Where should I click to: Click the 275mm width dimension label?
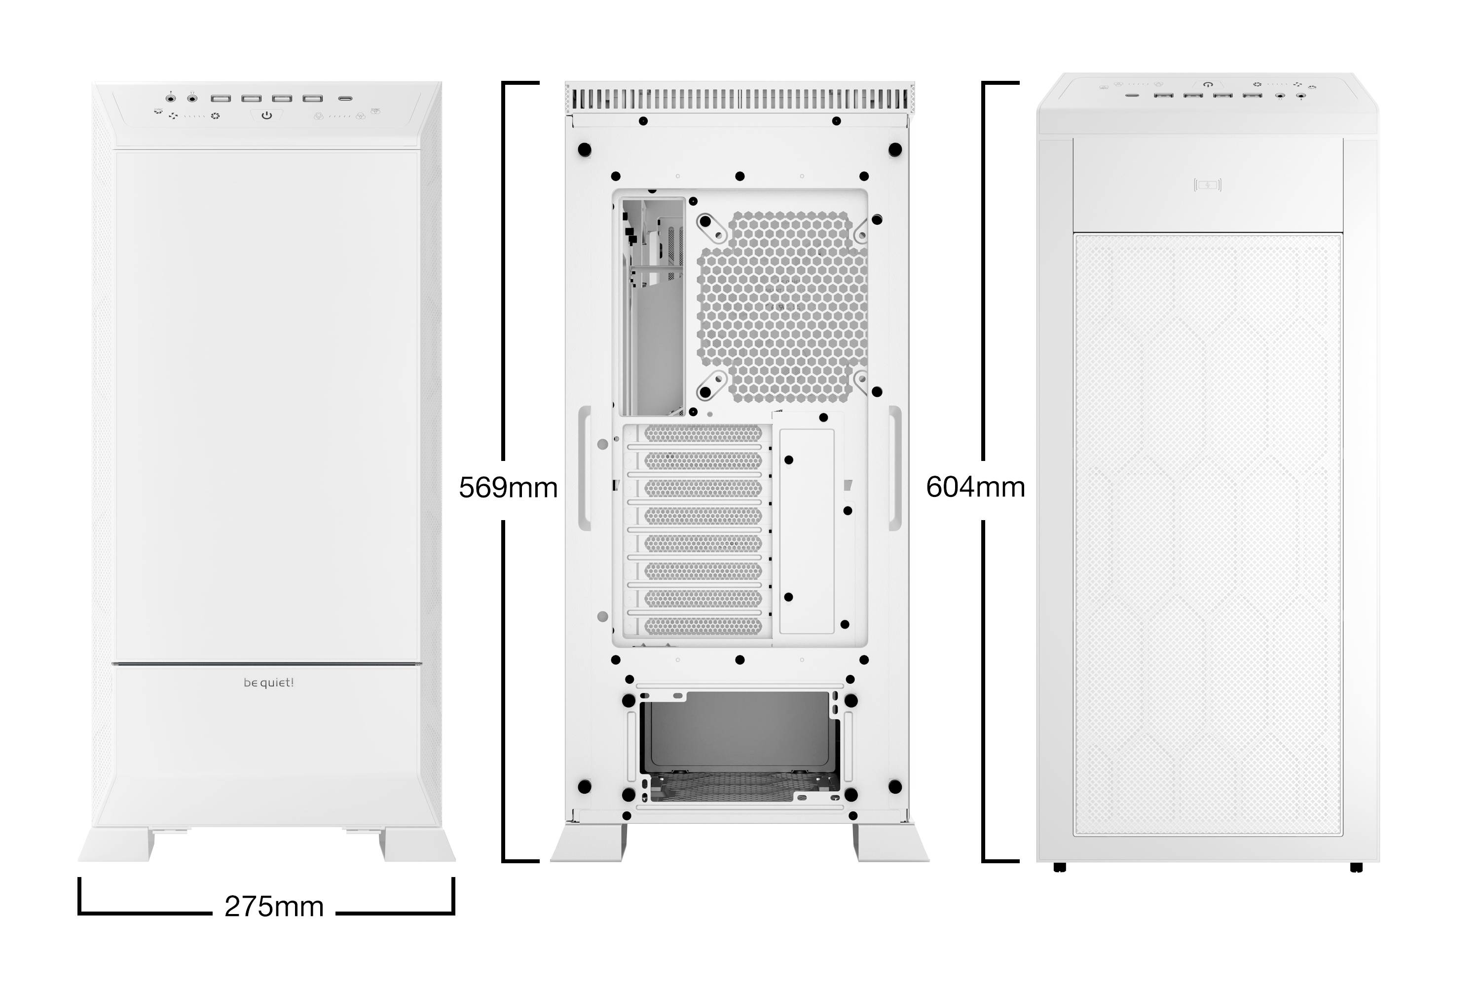click(x=274, y=907)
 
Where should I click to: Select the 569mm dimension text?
click(x=508, y=488)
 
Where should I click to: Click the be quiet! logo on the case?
click(x=269, y=683)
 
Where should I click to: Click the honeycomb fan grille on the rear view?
click(x=783, y=307)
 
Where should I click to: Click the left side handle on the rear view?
click(x=585, y=468)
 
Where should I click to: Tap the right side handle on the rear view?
click(x=895, y=468)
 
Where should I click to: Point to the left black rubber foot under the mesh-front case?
click(x=1060, y=868)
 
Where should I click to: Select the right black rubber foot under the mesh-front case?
click(x=1356, y=868)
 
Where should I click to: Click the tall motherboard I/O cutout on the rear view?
click(x=653, y=307)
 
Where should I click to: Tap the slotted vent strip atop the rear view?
click(x=740, y=99)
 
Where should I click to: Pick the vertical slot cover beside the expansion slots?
click(x=807, y=531)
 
